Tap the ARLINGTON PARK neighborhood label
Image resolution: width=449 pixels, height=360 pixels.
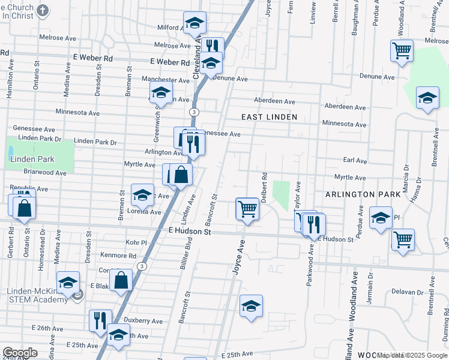pyautogui.click(x=363, y=194)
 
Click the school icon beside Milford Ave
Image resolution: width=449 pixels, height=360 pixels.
pyautogui.click(x=194, y=23)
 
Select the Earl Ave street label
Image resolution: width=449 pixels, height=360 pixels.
pyautogui.click(x=355, y=161)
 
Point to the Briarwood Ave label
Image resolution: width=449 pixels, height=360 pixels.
pyautogui.click(x=46, y=172)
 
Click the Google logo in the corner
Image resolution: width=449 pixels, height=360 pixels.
pyautogui.click(x=20, y=353)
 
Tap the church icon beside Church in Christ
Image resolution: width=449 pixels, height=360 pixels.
pyautogui.click(x=43, y=10)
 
